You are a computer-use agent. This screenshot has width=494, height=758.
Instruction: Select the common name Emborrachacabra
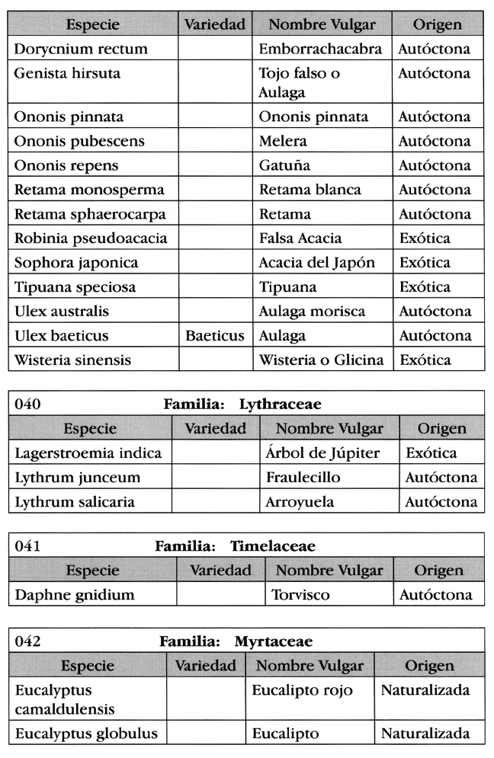pyautogui.click(x=320, y=50)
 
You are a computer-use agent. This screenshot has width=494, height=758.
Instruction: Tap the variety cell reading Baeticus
pyautogui.click(x=214, y=336)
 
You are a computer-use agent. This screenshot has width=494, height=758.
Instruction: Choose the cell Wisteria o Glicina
pyautogui.click(x=321, y=360)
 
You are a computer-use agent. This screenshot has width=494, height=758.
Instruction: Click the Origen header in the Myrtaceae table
pyautogui.click(x=428, y=665)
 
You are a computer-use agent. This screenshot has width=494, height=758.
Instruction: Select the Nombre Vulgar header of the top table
pyautogui.click(x=323, y=25)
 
